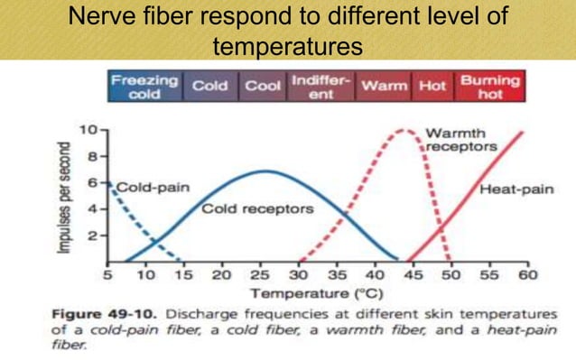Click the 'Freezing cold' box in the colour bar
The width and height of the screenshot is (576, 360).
144,87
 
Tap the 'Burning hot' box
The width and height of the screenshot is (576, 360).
490,87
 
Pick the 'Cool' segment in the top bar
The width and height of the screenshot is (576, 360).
264,87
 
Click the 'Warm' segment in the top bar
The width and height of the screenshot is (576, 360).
383,87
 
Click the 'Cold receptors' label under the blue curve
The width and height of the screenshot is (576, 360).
257,209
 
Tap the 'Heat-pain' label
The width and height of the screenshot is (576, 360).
516,189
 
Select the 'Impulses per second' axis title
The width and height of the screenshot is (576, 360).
64,195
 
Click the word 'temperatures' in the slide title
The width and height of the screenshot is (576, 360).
287,44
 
